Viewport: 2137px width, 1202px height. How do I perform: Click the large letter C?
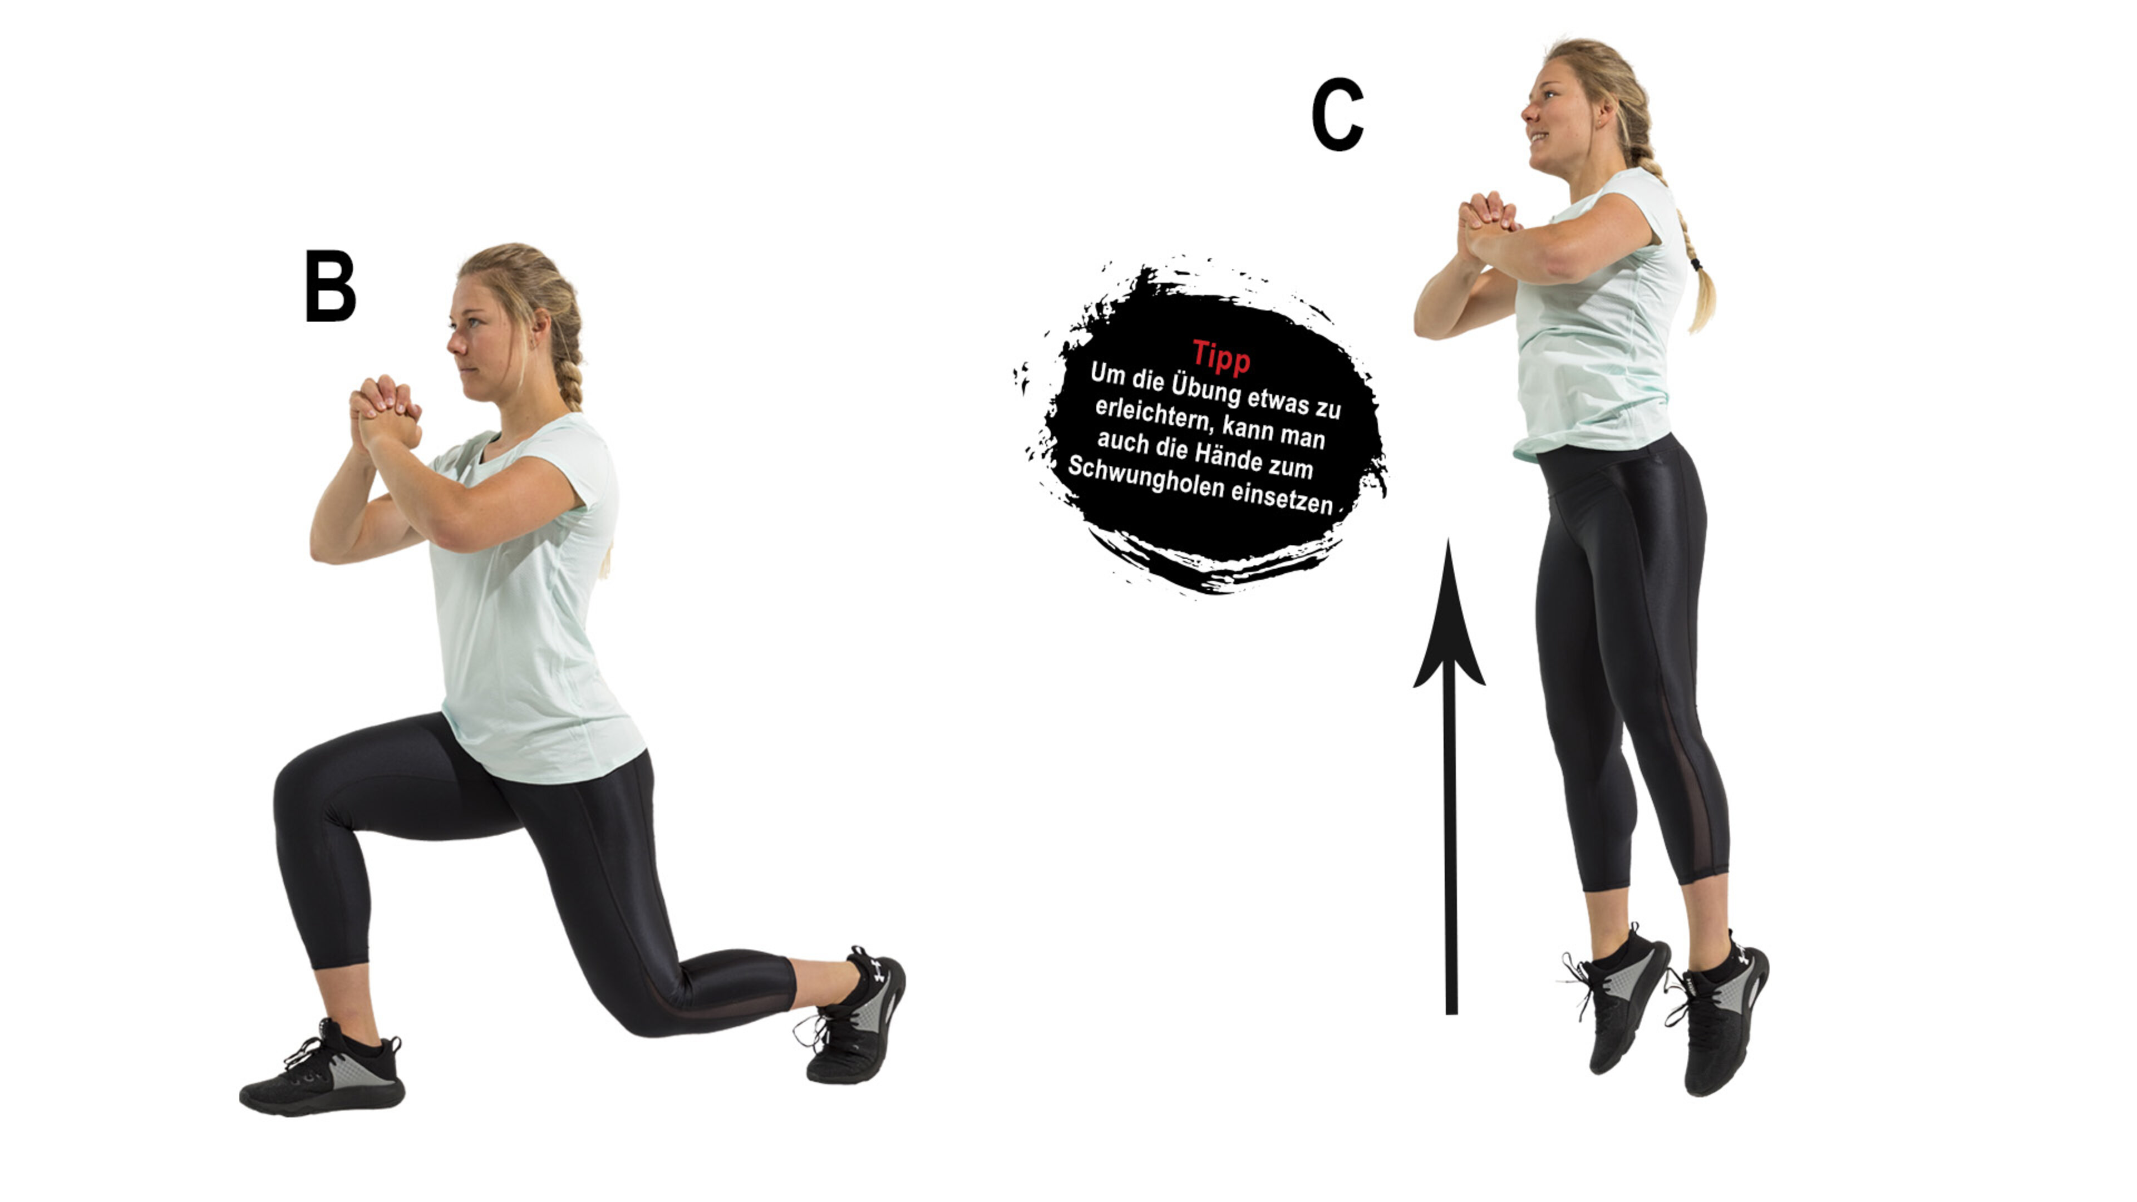coord(1337,115)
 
